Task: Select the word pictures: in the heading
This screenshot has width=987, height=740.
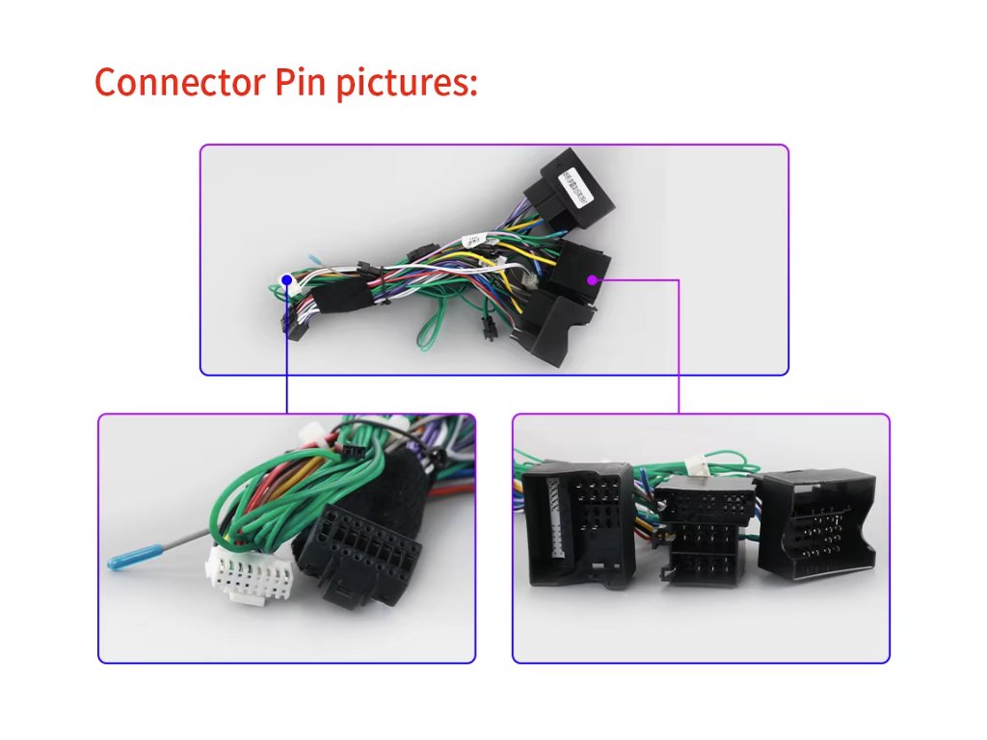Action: pyautogui.click(x=406, y=84)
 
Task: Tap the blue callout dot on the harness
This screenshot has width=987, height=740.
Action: pyautogui.click(x=286, y=280)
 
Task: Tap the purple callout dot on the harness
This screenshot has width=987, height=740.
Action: pyautogui.click(x=592, y=280)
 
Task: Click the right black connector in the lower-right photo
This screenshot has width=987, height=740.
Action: pyautogui.click(x=815, y=525)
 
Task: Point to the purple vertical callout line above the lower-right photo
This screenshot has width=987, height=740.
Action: pyautogui.click(x=679, y=347)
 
